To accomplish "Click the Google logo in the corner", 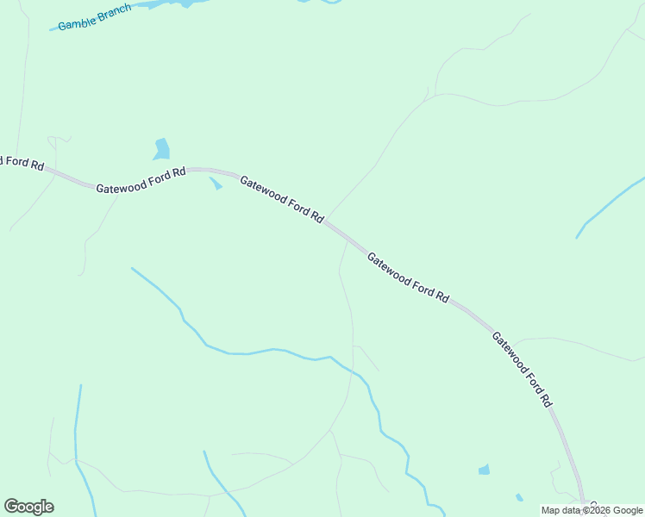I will (28, 507).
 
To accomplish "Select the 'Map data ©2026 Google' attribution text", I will (592, 510).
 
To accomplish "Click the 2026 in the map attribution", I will (598, 510).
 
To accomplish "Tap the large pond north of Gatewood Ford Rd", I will (161, 149).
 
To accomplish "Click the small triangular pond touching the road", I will (216, 184).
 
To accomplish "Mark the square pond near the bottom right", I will (484, 470).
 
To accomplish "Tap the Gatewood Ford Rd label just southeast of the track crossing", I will (408, 277).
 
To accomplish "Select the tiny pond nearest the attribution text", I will (519, 497).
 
